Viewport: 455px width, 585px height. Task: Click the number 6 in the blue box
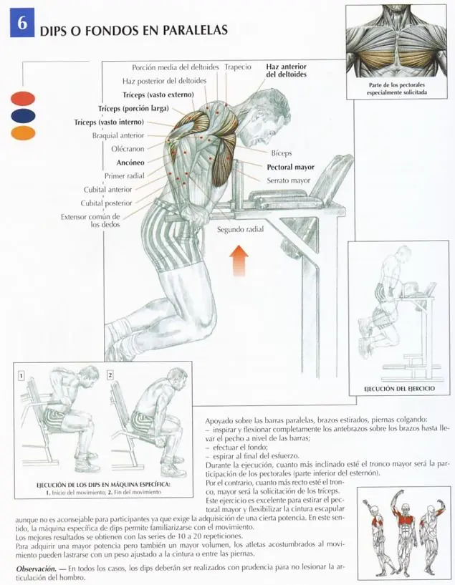pyautogui.click(x=22, y=23)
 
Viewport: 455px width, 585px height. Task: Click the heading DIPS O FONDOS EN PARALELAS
pyautogui.click(x=133, y=31)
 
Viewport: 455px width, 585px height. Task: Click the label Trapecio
pyautogui.click(x=238, y=67)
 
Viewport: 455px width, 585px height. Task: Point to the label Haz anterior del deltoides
pyautogui.click(x=286, y=70)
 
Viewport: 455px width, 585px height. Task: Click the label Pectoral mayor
pyautogui.click(x=290, y=167)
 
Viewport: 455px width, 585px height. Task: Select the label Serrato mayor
pyautogui.click(x=289, y=180)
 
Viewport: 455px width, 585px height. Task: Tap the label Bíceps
pyautogui.click(x=282, y=153)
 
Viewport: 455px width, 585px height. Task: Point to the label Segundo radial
pyautogui.click(x=240, y=230)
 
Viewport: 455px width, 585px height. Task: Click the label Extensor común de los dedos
pyautogui.click(x=90, y=220)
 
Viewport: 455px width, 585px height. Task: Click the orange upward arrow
pyautogui.click(x=239, y=260)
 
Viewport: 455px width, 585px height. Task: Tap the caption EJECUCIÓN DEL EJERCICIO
pyautogui.click(x=398, y=390)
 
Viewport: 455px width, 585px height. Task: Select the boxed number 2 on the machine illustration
pyautogui.click(x=110, y=374)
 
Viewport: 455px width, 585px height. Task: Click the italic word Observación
pyautogui.click(x=37, y=568)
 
